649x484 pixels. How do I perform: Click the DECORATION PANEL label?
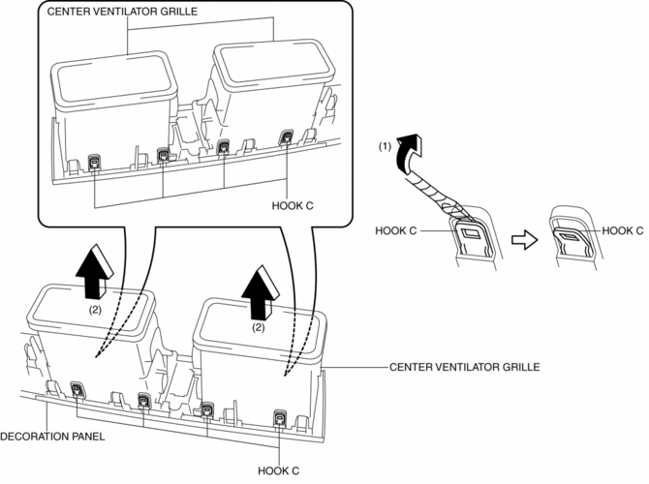(x=53, y=436)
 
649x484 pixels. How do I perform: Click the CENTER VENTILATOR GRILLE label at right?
(x=463, y=368)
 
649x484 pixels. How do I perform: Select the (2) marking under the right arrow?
(x=257, y=328)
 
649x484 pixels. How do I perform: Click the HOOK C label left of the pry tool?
(x=397, y=231)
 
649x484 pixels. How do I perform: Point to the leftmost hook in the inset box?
(x=95, y=162)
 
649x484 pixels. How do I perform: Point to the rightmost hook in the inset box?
(x=287, y=138)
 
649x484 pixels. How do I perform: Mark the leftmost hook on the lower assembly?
(x=78, y=389)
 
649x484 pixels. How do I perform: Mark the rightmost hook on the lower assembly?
(x=279, y=418)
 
